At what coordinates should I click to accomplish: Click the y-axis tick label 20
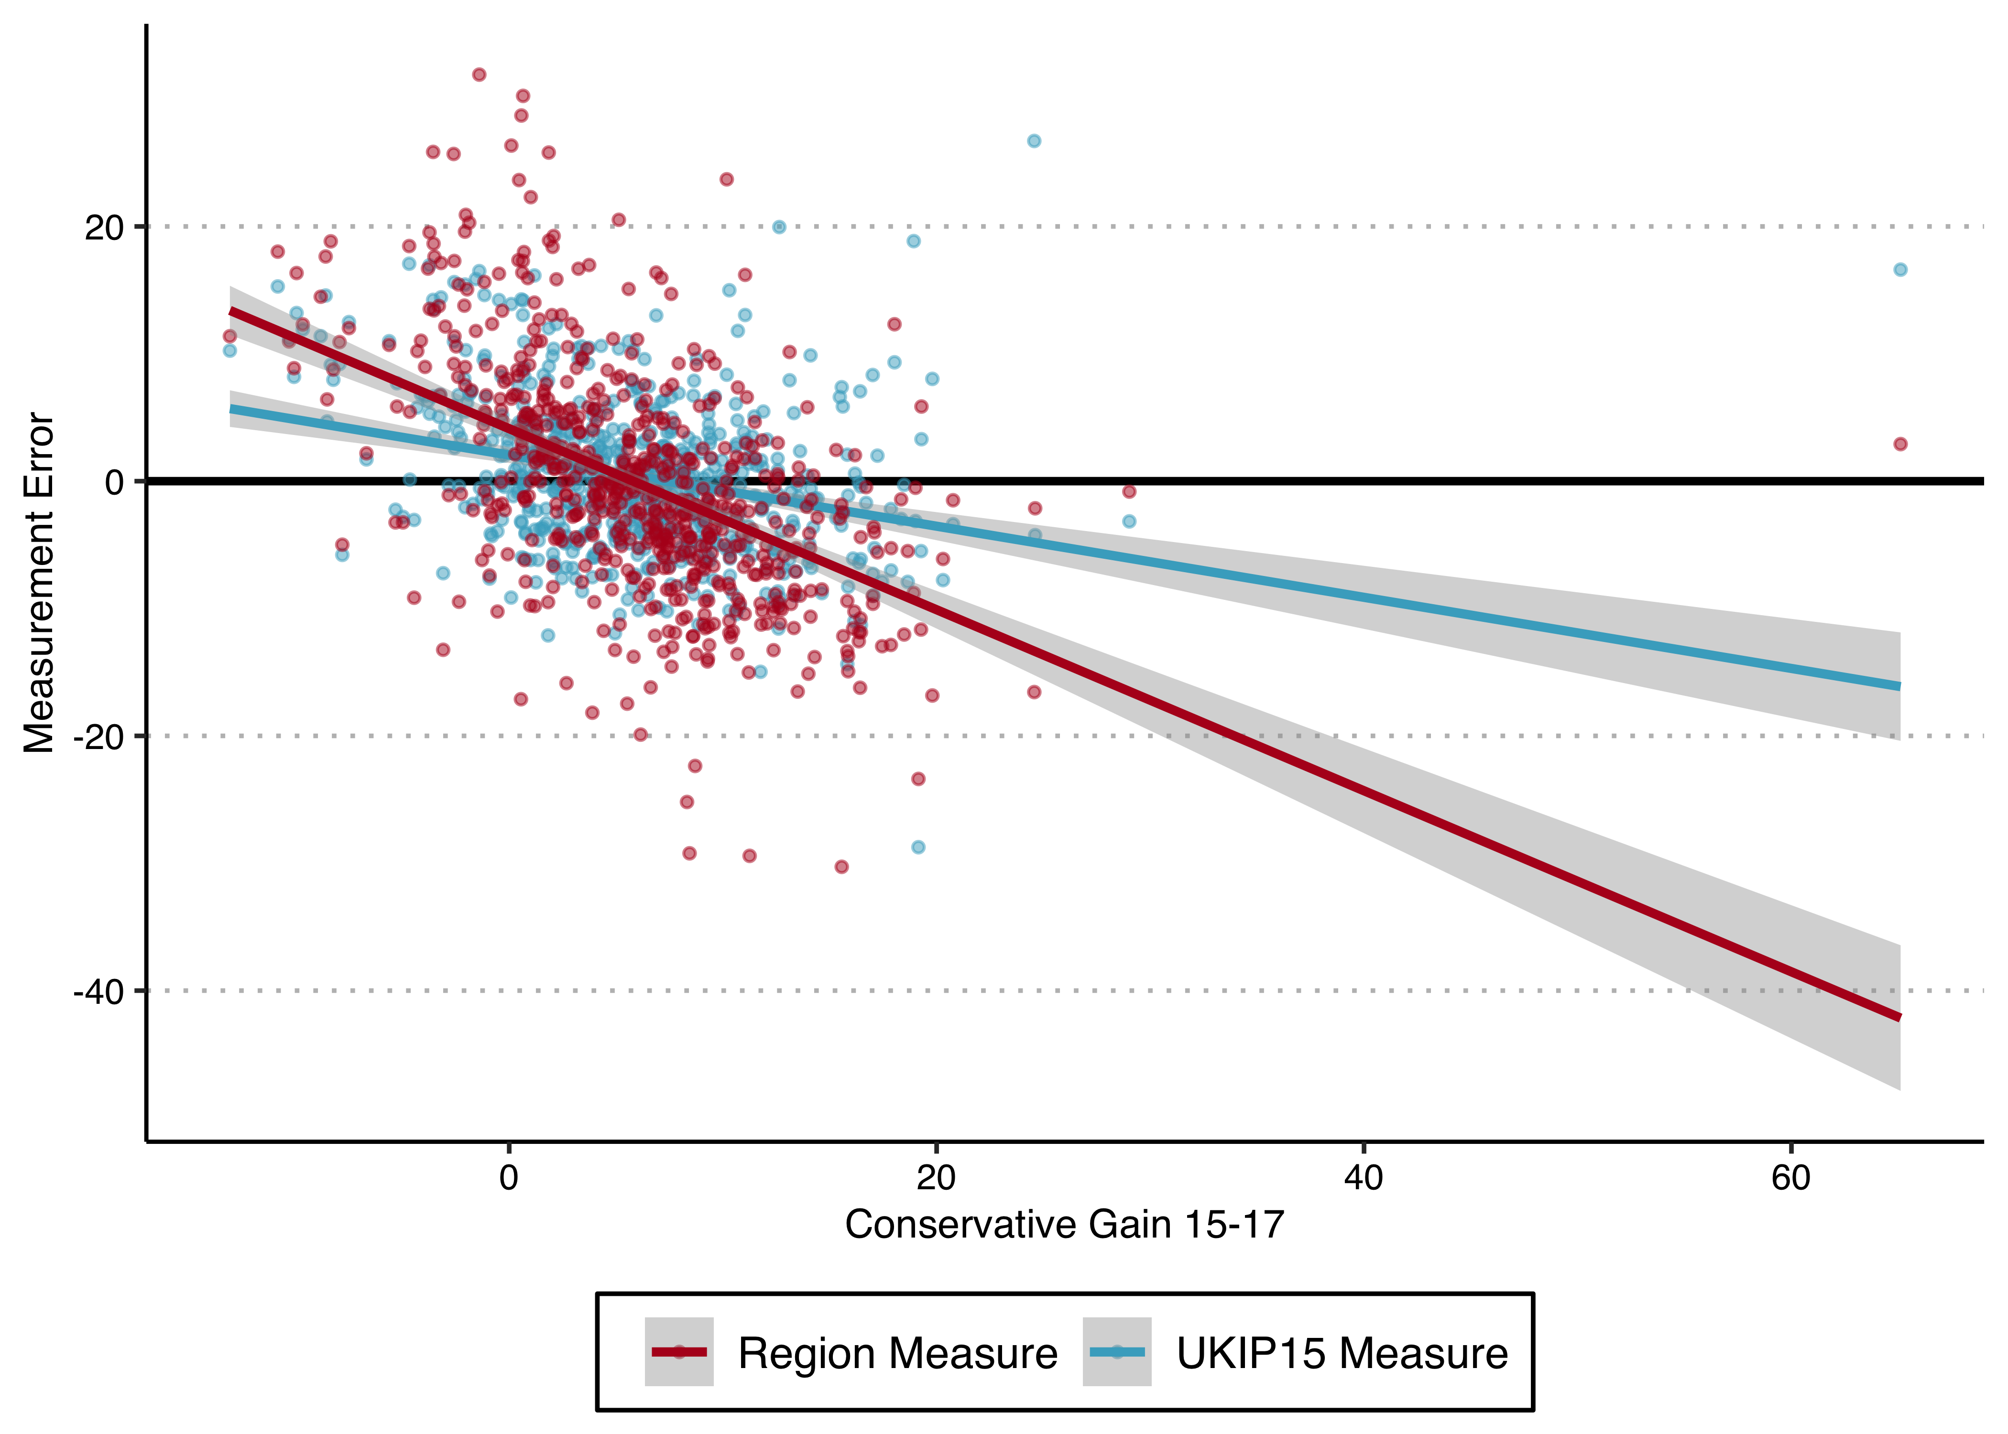click(104, 228)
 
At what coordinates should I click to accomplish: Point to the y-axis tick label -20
click(99, 737)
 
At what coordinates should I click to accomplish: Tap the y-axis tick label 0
click(115, 482)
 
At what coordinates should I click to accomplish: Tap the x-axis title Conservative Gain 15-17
click(1064, 1225)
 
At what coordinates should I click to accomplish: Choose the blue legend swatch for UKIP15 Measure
click(1116, 1352)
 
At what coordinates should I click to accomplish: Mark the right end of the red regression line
click(1899, 1017)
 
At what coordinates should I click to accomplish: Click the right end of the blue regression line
click(1899, 686)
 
